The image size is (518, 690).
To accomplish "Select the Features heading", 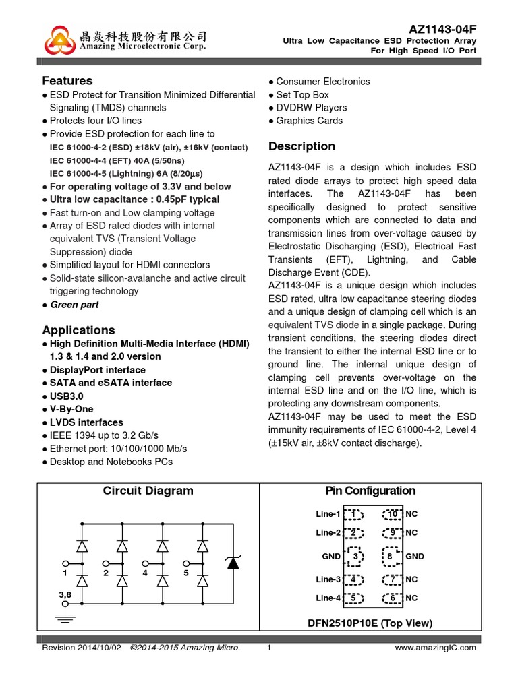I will pyautogui.click(x=67, y=81).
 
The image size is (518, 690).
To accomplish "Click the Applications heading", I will pyautogui.click(x=78, y=330).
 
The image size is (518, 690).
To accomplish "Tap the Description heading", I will pyautogui.click(x=301, y=146).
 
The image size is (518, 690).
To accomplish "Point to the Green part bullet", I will pyautogui.click(x=74, y=305).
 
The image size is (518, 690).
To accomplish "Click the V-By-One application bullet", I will pyautogui.click(x=71, y=409).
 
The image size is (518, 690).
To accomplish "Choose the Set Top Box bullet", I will pyautogui.click(x=302, y=95).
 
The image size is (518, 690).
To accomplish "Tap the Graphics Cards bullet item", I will pyautogui.click(x=309, y=121).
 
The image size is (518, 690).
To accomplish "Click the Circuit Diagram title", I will pyautogui.click(x=148, y=491).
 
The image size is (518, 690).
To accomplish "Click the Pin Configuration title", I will pyautogui.click(x=370, y=491).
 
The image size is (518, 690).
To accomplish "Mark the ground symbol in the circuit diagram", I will pyautogui.click(x=65, y=617).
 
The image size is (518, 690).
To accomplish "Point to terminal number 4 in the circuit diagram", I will pyautogui.click(x=145, y=573).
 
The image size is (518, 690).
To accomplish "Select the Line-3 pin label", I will pyautogui.click(x=328, y=579).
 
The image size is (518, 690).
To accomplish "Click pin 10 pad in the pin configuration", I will pyautogui.click(x=392, y=515).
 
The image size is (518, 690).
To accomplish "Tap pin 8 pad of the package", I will pyautogui.click(x=389, y=557).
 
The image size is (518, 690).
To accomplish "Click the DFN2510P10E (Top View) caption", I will pyautogui.click(x=370, y=623).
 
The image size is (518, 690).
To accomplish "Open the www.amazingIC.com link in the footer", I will pyautogui.click(x=434, y=648).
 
